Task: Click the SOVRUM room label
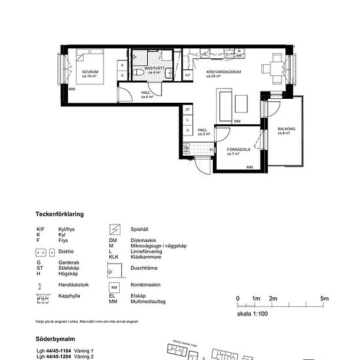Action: [90, 73]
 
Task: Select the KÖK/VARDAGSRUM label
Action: [221, 73]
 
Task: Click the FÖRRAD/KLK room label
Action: [239, 151]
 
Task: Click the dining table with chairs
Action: [274, 68]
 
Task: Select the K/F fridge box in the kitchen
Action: [188, 75]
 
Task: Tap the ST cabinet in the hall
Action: [188, 109]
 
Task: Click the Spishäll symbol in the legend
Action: [114, 230]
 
